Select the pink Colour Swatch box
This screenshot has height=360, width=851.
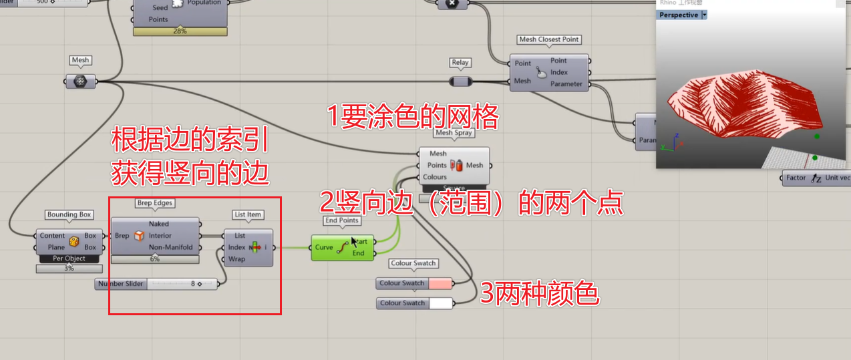pos(440,283)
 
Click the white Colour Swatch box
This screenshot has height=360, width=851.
pos(440,303)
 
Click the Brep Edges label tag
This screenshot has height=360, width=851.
pos(154,203)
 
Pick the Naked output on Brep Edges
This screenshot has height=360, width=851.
pos(159,224)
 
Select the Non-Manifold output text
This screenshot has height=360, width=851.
pos(170,247)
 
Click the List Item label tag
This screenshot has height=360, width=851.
pos(248,214)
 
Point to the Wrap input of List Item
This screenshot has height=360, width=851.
pos(237,259)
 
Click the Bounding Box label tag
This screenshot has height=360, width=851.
pos(69,214)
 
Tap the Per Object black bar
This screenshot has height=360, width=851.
pos(69,258)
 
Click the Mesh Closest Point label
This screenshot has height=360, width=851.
pos(549,40)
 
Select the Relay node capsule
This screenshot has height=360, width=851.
pos(460,81)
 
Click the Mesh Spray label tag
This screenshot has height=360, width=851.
pos(454,133)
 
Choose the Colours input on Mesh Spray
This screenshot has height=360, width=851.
pos(435,177)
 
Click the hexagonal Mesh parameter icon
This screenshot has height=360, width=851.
pos(80,81)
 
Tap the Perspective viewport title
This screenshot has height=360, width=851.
pos(679,15)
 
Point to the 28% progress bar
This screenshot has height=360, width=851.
pos(180,31)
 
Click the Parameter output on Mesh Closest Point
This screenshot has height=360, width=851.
pos(566,84)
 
